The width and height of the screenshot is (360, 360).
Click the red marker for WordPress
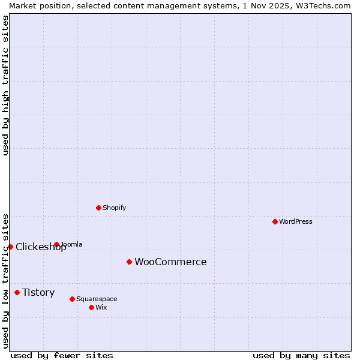[x=275, y=221]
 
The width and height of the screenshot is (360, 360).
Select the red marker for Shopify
[x=98, y=208]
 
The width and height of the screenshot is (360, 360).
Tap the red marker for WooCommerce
[x=129, y=262]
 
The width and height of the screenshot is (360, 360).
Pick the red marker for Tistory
[x=17, y=292]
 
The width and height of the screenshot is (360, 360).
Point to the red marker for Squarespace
[x=72, y=299]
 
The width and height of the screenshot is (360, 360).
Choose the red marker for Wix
[x=91, y=307]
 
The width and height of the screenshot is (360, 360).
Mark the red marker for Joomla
[x=56, y=244]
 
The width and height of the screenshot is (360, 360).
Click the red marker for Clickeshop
[x=10, y=247]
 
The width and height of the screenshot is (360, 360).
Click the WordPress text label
[x=296, y=221]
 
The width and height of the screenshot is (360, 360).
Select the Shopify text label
[x=114, y=208]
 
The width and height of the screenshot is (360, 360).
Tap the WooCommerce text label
[x=170, y=262]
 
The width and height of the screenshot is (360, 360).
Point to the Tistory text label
[x=38, y=292]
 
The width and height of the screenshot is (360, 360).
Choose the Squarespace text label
[x=97, y=299]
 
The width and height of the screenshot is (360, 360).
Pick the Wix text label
[x=101, y=307]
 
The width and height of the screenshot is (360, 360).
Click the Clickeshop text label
[x=41, y=247]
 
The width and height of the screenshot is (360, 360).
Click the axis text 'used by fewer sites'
[x=62, y=355]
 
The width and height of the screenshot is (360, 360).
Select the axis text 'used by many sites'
[x=301, y=355]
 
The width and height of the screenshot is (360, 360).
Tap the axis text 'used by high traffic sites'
[x=5, y=85]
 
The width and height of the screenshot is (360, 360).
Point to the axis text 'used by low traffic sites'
[x=5, y=281]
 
